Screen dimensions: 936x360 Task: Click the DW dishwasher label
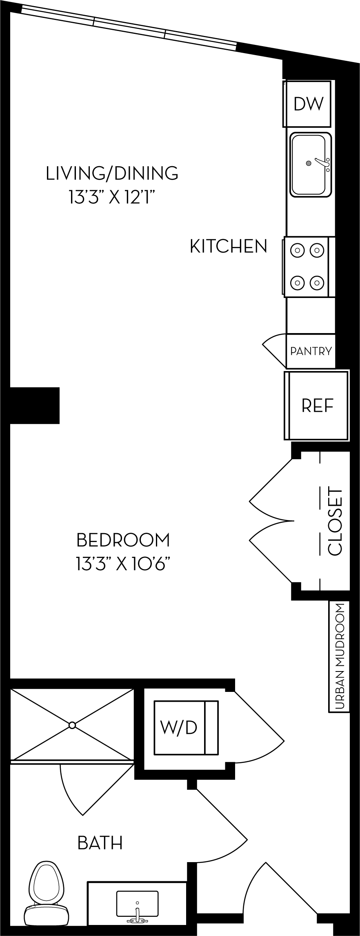(x=309, y=104)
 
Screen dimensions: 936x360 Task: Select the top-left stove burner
(x=298, y=250)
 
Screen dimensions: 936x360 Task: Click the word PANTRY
(x=311, y=351)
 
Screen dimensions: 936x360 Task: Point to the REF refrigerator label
(x=318, y=405)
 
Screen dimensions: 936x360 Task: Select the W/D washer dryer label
(x=179, y=727)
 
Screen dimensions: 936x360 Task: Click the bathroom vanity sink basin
(x=137, y=903)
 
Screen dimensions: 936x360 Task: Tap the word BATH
(x=100, y=843)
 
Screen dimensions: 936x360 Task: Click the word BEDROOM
(x=123, y=540)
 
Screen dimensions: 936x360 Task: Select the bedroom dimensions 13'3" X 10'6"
(x=122, y=565)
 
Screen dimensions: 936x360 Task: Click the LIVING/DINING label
(x=112, y=173)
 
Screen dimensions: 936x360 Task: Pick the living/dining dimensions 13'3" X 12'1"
(x=112, y=198)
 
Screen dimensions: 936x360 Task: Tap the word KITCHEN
(x=229, y=246)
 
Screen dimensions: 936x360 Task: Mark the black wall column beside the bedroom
(x=35, y=405)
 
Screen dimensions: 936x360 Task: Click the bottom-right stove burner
(x=317, y=282)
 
